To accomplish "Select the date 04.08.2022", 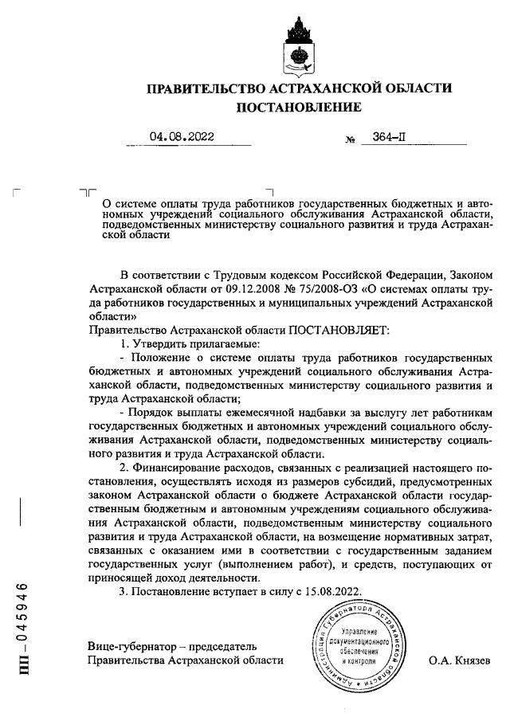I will pos(182,136).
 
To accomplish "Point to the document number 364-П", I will pos(388,136).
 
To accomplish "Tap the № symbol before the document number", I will pos(349,139).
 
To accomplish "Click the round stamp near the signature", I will pos(359,645).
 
